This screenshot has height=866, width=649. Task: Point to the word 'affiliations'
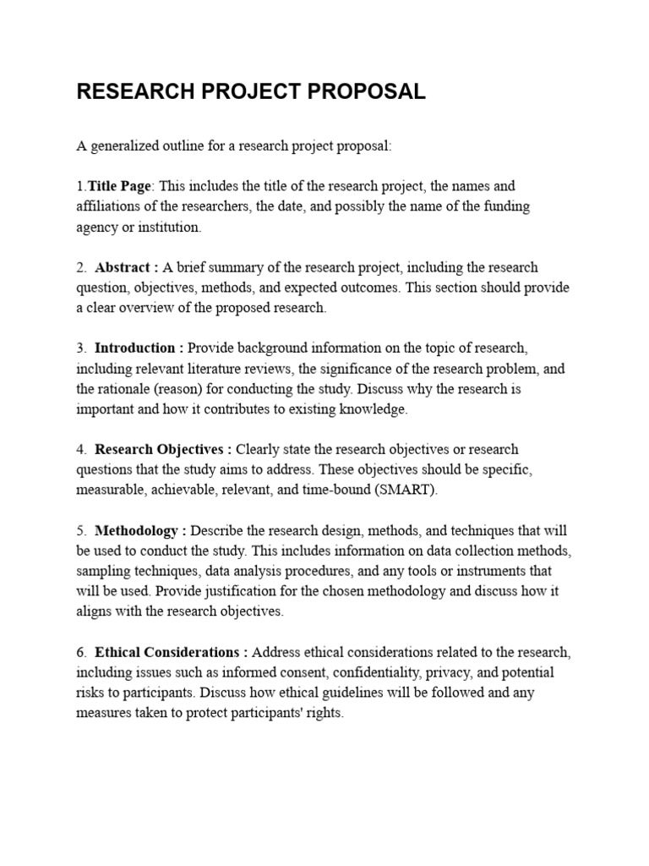tap(107, 206)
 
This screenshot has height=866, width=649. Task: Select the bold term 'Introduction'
tap(135, 348)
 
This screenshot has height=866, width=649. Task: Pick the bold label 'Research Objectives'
tap(158, 449)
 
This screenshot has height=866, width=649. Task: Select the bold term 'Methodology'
tap(136, 530)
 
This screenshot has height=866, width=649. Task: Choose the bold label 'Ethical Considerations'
tap(167, 652)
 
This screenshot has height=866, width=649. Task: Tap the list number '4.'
tap(81, 449)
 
